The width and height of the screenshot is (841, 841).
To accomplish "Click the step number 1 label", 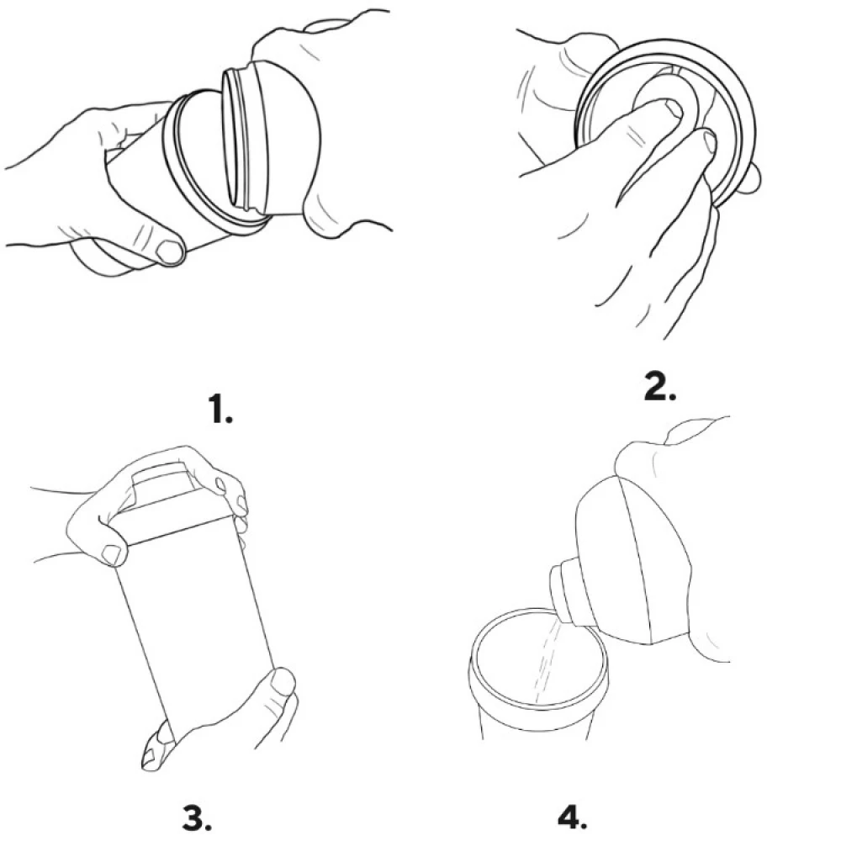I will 221,411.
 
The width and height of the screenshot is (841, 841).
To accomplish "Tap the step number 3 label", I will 197,817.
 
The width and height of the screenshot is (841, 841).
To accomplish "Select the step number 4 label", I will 572,817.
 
